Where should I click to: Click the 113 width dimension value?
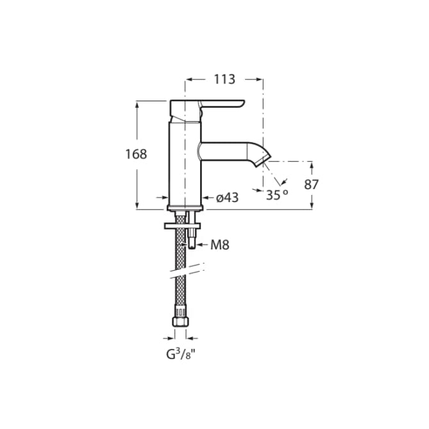click(224, 80)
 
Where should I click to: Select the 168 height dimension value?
click(136, 154)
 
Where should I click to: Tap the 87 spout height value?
click(312, 184)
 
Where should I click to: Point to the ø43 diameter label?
click(227, 198)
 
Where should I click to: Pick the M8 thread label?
click(219, 244)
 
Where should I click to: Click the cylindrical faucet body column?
click(185, 160)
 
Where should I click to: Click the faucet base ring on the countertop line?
click(185, 208)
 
